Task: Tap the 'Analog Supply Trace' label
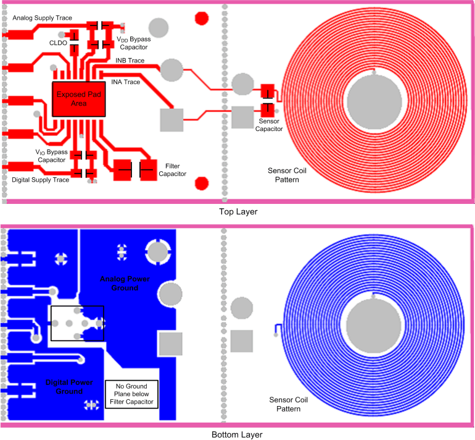click(43, 19)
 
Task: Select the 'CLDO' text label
click(59, 43)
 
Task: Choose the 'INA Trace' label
click(125, 82)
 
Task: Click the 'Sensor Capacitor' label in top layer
click(269, 125)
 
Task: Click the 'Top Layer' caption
click(237, 211)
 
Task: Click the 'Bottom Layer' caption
click(237, 434)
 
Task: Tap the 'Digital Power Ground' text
click(69, 387)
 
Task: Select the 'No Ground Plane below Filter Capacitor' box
click(132, 394)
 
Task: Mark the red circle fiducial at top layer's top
click(201, 18)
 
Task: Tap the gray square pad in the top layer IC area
click(172, 119)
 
